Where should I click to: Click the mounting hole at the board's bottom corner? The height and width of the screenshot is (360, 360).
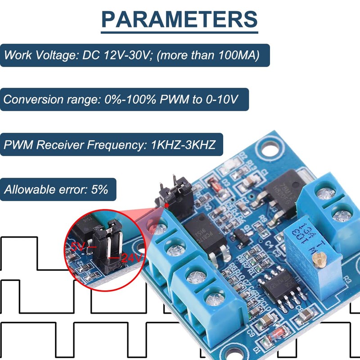point(234,351)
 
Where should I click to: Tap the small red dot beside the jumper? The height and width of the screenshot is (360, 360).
point(167,205)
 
